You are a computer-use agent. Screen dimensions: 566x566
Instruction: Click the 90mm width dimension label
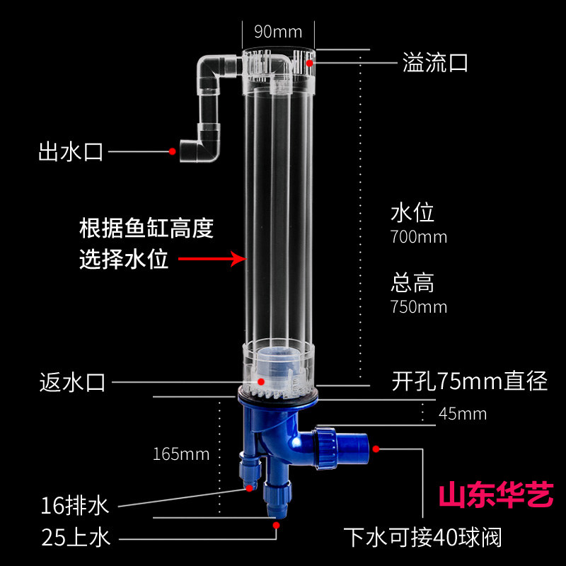(278, 32)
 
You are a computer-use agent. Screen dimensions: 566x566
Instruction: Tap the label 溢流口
(435, 62)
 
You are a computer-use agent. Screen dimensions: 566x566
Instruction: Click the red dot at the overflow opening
(310, 63)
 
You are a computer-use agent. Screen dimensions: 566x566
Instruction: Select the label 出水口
(71, 151)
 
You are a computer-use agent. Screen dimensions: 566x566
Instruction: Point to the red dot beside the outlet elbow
(173, 151)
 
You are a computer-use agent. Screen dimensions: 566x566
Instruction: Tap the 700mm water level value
(419, 237)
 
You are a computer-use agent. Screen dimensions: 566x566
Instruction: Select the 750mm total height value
(419, 307)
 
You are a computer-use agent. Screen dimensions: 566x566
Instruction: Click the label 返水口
(72, 382)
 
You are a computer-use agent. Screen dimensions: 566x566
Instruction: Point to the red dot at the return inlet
(261, 381)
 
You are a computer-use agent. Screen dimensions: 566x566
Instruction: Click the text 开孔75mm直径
(470, 381)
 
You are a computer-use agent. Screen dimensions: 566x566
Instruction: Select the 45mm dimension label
(463, 414)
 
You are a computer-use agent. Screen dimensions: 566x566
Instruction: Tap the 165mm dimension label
(181, 454)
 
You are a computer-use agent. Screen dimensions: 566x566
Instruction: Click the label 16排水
(75, 506)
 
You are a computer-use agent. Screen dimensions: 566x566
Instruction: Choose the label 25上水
(76, 538)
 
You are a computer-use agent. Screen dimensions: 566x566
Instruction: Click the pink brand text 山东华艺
(497, 495)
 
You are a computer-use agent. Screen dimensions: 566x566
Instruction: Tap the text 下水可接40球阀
(422, 538)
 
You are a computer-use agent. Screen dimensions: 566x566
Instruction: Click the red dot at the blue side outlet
(376, 449)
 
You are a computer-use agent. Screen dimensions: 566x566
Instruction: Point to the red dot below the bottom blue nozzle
(276, 525)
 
